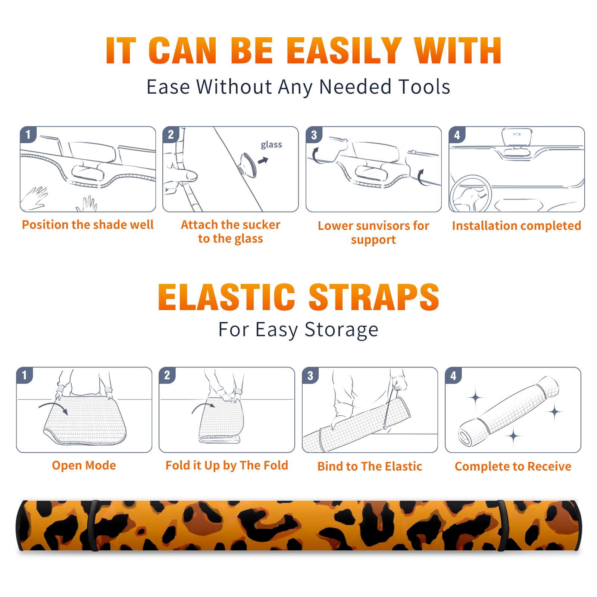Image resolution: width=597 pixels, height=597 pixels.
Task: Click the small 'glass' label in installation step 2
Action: pos(271,145)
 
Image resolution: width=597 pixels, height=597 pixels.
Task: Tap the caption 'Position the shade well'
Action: pos(88,225)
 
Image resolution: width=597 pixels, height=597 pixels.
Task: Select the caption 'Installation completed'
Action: pos(516,226)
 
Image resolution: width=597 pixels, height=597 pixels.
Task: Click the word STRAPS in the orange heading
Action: pos(374,297)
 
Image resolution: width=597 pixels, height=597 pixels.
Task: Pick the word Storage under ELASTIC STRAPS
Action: pos(341,330)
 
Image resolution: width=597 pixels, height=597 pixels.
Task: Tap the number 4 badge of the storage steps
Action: pos(454,376)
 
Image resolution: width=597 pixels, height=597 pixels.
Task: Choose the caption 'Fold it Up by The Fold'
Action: pos(227,465)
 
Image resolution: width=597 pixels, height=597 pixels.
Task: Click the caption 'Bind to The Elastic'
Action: pos(370,466)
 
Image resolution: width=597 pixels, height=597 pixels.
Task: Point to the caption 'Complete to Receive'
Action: pos(513,466)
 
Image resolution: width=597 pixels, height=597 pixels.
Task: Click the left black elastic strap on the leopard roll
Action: pos(93,525)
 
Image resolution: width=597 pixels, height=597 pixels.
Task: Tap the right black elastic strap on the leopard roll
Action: pos(501,525)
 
